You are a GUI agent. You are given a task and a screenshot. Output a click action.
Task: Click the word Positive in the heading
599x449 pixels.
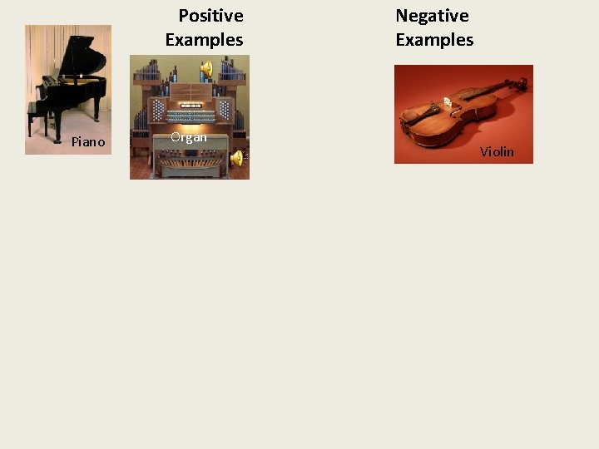click(210, 16)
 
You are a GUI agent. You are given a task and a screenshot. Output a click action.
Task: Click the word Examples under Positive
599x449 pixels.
click(204, 40)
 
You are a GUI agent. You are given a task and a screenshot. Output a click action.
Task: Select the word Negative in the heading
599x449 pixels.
click(432, 16)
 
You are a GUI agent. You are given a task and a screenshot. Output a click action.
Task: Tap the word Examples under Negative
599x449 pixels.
click(434, 40)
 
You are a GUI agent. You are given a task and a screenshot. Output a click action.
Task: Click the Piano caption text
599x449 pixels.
click(88, 142)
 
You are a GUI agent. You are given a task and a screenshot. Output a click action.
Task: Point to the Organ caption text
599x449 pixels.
click(189, 137)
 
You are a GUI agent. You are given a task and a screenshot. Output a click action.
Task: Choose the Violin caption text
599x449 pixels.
click(497, 151)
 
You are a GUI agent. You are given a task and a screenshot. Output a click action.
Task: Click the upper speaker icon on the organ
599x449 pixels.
click(206, 67)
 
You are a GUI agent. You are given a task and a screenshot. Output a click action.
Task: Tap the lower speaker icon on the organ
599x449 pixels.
click(237, 157)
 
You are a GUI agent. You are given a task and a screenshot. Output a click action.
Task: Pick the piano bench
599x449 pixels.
click(37, 112)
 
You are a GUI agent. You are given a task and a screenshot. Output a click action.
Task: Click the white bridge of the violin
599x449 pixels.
click(447, 102)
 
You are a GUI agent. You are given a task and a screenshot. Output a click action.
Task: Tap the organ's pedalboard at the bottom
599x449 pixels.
click(189, 166)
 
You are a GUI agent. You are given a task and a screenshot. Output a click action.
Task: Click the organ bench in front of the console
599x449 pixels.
click(189, 146)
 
